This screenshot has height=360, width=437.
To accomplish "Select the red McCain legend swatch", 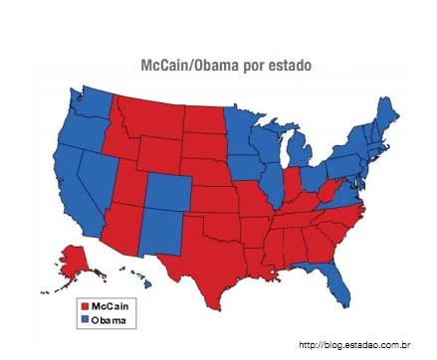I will [x=85, y=307].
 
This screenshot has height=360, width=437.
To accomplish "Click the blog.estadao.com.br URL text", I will [x=353, y=344].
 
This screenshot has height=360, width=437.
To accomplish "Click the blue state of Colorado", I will [x=170, y=190].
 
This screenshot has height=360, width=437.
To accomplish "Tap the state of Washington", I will [x=91, y=104].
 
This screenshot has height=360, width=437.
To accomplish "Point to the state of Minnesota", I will [x=240, y=129].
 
